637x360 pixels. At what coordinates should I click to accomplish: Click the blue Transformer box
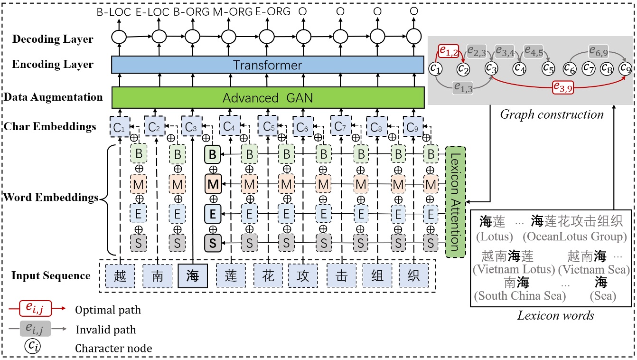pyautogui.click(x=267, y=65)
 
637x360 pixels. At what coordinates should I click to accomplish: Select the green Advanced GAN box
pyautogui.click(x=267, y=98)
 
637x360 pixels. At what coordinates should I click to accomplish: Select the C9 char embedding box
pyautogui.click(x=412, y=127)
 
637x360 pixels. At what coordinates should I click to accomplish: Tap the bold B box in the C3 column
pyautogui.click(x=213, y=154)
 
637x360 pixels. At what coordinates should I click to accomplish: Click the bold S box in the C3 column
pyautogui.click(x=213, y=243)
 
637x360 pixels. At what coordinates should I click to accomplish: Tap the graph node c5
pyautogui.click(x=548, y=68)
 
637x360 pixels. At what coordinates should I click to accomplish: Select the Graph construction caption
pyautogui.click(x=552, y=114)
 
